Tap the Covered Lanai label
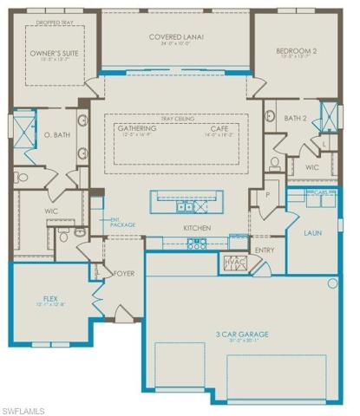coord(178,36)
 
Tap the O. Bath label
coord(56,136)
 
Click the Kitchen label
coord(195,229)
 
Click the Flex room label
coord(50,298)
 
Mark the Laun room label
coord(312,233)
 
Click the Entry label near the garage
coord(264,250)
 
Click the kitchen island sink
coord(185,207)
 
